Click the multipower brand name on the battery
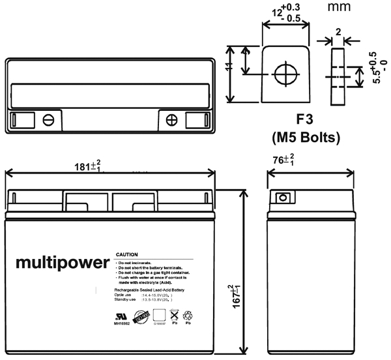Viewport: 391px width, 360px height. tap(61, 263)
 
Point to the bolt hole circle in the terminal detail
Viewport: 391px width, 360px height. tap(285, 73)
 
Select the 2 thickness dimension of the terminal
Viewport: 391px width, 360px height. tap(338, 32)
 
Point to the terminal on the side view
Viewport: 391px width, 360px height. tap(283, 198)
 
